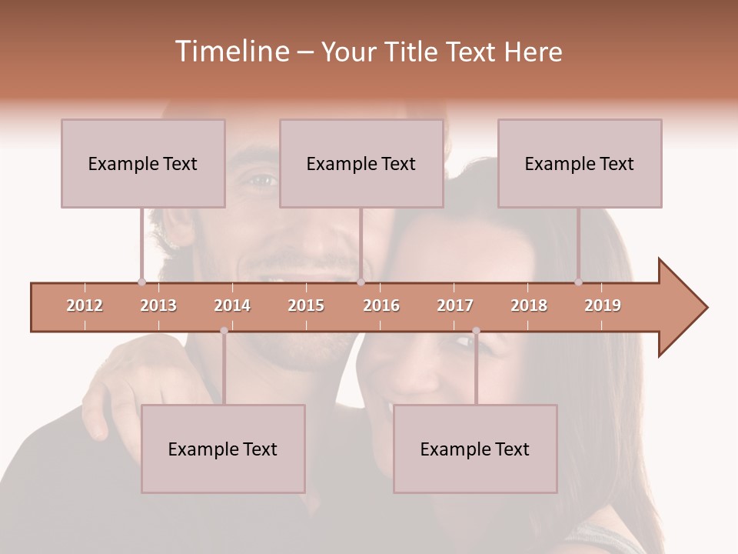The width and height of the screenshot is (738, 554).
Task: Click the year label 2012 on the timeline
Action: tap(85, 305)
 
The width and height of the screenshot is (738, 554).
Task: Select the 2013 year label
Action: tap(158, 305)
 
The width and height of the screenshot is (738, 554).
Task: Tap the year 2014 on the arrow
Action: tap(232, 305)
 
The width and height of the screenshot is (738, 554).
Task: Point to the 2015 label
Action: tap(306, 305)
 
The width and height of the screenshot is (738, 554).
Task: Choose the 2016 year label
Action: tap(381, 305)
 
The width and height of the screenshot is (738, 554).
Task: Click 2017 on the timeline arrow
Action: tap(455, 305)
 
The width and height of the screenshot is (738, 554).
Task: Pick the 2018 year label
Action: tap(529, 305)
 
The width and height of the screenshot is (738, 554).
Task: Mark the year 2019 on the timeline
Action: tap(603, 305)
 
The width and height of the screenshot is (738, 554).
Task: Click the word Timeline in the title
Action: tap(230, 52)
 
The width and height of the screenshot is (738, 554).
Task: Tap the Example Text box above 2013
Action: tap(143, 163)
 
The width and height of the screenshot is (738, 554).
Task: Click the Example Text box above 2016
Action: tap(361, 163)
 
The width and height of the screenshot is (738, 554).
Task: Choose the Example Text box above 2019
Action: tap(580, 163)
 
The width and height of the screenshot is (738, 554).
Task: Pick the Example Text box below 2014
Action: tap(223, 449)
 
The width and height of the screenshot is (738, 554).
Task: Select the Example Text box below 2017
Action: tap(475, 449)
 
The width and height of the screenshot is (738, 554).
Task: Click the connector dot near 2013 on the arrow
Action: tap(141, 282)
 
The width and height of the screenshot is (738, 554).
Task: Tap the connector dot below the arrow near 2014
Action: tap(224, 331)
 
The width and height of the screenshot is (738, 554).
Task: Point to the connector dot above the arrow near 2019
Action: tap(579, 282)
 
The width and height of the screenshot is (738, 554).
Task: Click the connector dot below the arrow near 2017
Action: tap(476, 331)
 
